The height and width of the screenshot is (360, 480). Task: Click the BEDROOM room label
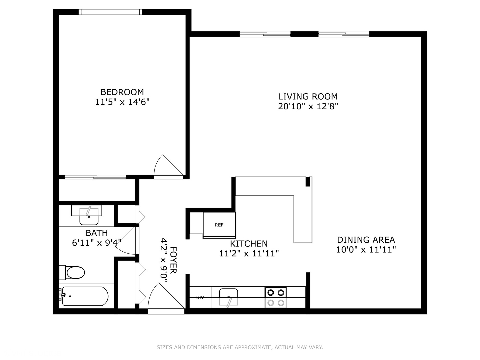tap(122, 92)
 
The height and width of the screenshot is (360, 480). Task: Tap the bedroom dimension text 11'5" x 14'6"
tap(122, 102)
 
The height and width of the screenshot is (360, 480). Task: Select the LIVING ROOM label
tap(308, 97)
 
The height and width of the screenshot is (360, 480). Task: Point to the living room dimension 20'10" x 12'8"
tap(308, 106)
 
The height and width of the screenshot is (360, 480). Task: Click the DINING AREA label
tap(366, 240)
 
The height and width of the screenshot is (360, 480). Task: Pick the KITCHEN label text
tap(249, 244)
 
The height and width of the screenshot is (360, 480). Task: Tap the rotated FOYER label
tap(173, 260)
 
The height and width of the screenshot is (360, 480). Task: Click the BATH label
tap(97, 233)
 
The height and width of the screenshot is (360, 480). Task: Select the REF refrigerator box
tap(219, 225)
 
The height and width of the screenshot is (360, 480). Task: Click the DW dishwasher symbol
tap(200, 297)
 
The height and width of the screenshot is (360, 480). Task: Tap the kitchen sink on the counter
tap(228, 297)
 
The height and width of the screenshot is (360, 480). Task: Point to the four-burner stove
tap(276, 297)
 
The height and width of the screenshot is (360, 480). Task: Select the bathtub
tap(85, 296)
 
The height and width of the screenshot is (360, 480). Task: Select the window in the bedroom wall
tap(110, 12)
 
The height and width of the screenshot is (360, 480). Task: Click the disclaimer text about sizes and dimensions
tap(240, 347)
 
